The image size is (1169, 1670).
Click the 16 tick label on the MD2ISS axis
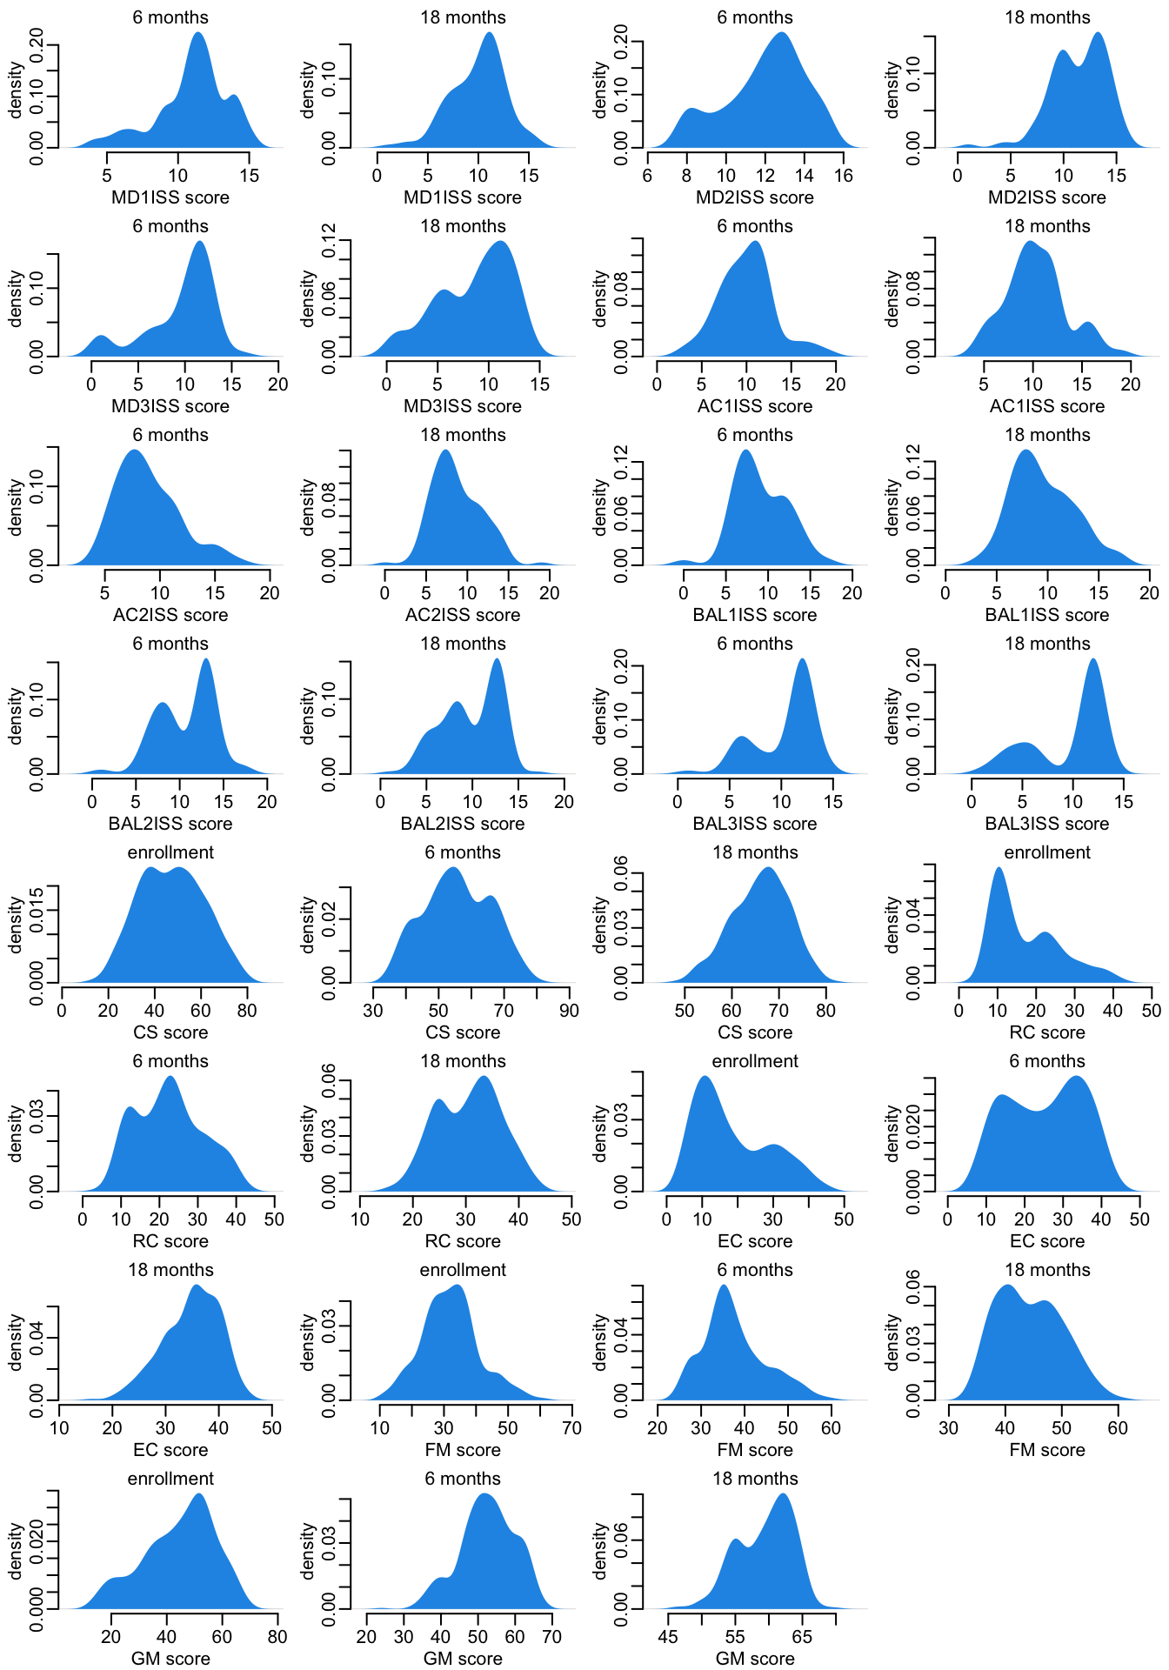(843, 176)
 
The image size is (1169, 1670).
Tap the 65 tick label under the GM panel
(802, 1637)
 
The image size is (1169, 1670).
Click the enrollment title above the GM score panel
(170, 1479)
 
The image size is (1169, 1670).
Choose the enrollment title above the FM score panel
(463, 1270)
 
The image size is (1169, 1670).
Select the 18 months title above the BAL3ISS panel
(1047, 644)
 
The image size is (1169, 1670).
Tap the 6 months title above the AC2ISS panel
(170, 435)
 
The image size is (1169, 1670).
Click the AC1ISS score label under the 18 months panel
(1047, 406)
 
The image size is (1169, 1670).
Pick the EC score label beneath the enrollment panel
(755, 1241)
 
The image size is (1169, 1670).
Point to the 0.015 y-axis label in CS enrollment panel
(37, 910)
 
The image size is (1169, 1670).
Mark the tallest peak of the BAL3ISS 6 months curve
(802, 659)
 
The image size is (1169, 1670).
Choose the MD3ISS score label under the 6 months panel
(170, 406)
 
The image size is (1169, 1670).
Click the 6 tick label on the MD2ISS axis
(647, 176)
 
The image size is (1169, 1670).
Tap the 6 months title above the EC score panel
(1047, 1061)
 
